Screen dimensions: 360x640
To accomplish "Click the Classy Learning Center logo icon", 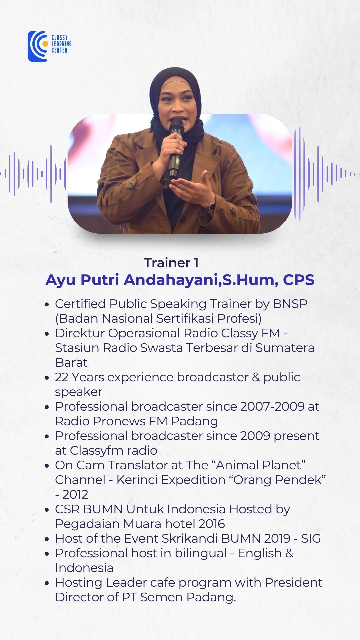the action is [38, 46].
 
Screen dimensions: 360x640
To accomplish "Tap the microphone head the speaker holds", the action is [176, 126].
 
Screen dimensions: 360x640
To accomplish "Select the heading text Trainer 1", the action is [171, 263].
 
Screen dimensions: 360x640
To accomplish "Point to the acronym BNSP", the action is [290, 304].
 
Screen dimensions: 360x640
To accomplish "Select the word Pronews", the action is [119, 421].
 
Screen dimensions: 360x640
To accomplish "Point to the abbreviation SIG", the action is [311, 539].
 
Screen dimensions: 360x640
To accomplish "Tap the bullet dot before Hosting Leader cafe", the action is [47, 583].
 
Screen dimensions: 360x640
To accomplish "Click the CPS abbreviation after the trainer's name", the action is [299, 280].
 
